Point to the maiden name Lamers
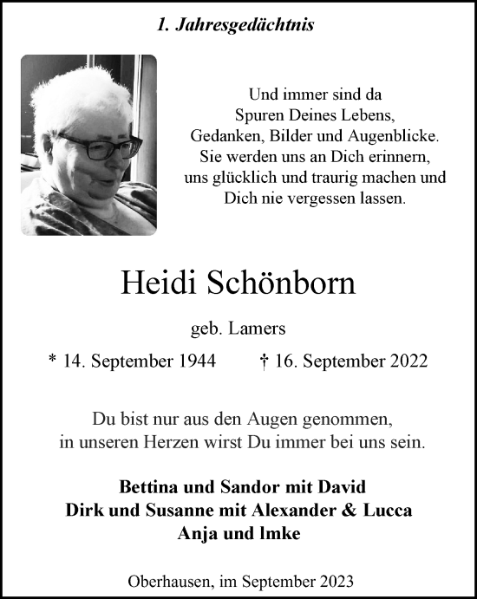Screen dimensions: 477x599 tap(258, 328)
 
